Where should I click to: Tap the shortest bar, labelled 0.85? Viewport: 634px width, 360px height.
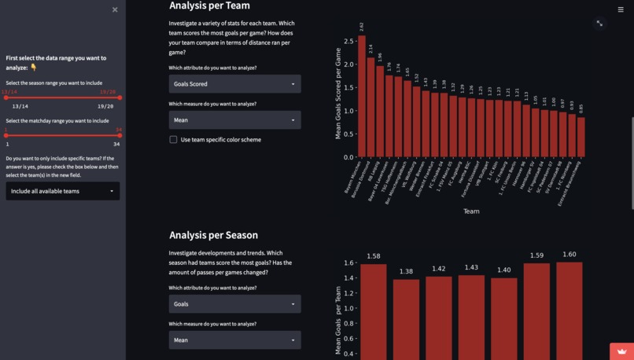581,138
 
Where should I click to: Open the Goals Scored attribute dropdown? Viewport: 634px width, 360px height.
234,83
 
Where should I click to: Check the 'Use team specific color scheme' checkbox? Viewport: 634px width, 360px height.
173,140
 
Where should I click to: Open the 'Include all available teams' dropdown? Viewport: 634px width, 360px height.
63,191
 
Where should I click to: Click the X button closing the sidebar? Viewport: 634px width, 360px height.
115,9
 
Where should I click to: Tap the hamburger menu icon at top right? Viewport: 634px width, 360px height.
621,9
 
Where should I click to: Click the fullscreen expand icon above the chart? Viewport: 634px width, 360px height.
599,24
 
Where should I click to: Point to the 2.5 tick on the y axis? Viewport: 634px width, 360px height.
348,41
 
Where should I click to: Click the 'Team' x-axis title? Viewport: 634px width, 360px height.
471,211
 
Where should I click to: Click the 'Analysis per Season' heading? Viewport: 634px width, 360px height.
213,235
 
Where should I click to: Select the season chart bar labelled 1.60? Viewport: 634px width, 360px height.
569,310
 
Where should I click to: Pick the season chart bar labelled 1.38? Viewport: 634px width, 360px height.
406,318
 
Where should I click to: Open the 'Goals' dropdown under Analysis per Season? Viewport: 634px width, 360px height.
234,303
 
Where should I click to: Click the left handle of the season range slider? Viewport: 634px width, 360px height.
6,97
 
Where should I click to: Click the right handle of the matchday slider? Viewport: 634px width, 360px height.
120,135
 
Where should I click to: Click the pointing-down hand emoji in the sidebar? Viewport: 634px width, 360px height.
34,68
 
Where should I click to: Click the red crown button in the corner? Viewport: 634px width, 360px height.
621,351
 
